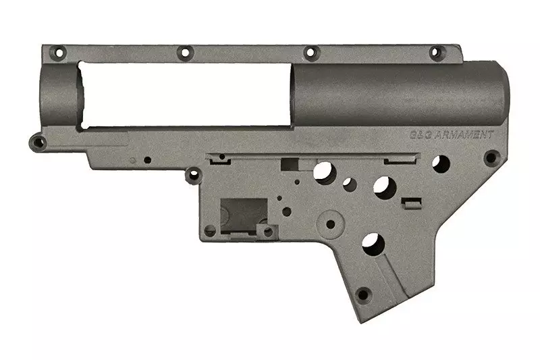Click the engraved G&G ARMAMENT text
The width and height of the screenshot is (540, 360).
452,134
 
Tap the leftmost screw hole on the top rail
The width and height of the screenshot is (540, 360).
58,53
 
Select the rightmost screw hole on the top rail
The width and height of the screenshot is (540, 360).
435,53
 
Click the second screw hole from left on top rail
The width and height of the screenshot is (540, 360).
185,53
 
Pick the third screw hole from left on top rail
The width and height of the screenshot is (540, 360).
310,53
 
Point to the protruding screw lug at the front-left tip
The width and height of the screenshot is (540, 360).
38,142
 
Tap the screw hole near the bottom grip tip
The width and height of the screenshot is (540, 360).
362,295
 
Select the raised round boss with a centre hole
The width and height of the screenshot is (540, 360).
330,224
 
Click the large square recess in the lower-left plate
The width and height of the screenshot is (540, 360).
244,215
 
